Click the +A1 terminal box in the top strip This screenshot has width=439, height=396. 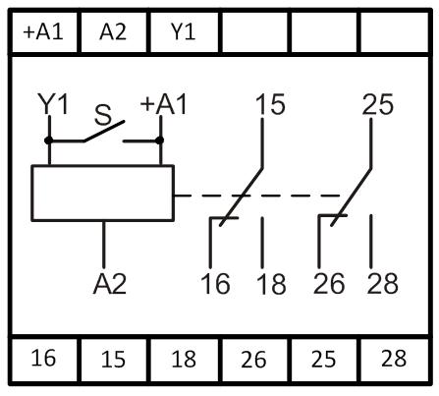44,32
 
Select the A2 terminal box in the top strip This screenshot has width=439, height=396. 114,32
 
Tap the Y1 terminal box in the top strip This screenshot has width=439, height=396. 184,32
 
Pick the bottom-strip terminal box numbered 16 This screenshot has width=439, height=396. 44,360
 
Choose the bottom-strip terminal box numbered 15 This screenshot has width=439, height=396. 114,360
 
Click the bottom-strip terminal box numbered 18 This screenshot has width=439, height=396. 184,360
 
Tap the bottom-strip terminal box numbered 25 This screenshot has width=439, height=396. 324,360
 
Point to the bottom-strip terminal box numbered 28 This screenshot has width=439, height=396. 394,360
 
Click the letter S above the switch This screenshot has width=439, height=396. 103,115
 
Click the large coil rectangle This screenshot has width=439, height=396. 103,193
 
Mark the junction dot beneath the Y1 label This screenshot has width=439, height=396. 49,141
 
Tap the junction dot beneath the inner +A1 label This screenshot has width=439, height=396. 159,141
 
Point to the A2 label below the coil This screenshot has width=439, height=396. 110,284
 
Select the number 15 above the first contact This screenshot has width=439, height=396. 270,104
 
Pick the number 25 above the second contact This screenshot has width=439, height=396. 377,104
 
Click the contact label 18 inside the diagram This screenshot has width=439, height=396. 271,284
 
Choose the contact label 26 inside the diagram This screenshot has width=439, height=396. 329,283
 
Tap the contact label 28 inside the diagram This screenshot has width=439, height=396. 383,283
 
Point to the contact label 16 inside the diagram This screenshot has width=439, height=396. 215,283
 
